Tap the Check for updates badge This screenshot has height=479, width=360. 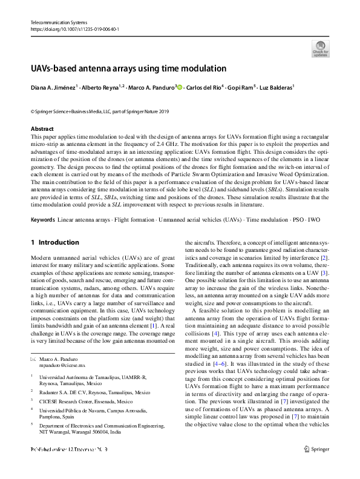320,48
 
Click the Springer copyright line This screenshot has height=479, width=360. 100,111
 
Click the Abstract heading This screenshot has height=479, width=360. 42,129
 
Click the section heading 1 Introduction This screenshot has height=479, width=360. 55,242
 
